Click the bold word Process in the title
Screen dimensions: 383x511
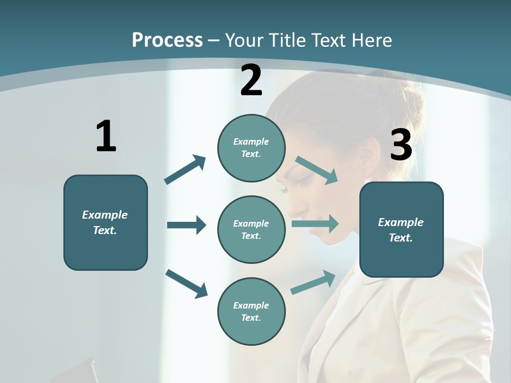[167, 40]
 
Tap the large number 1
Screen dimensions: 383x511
[106, 136]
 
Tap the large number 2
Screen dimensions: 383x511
[251, 80]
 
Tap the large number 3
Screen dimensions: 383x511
[401, 145]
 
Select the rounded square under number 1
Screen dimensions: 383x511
[105, 222]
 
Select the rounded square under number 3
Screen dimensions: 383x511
[401, 229]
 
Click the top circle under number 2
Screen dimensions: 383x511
[251, 148]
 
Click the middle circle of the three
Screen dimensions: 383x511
[251, 229]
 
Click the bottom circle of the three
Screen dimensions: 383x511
[251, 311]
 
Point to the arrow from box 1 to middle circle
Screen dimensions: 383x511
[186, 225]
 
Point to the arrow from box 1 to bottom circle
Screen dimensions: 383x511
[186, 284]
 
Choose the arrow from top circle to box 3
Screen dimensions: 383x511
[317, 170]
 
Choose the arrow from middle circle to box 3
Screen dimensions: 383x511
[315, 224]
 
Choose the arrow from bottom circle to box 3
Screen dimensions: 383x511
[314, 282]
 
